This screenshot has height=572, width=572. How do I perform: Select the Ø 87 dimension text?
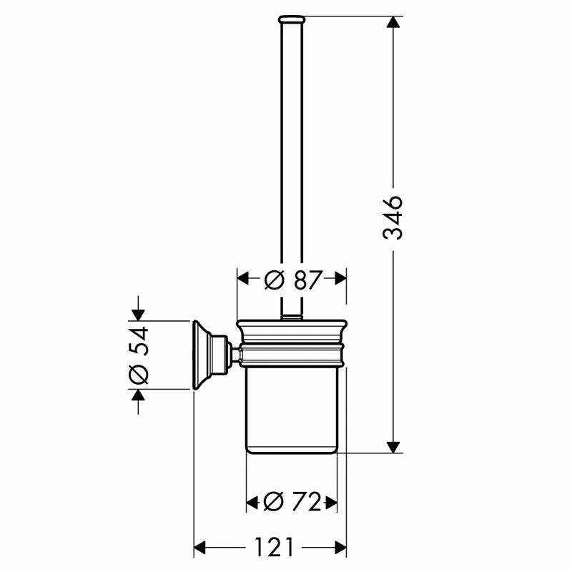(292, 280)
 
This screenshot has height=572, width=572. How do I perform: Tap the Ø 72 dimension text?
(292, 503)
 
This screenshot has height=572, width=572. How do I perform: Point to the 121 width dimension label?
(272, 548)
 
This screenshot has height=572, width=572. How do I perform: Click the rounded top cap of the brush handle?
(292, 17)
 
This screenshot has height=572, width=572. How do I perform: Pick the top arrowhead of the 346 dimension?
(392, 22)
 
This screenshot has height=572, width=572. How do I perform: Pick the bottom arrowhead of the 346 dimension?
(392, 447)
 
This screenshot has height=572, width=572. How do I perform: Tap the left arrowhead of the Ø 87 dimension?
(244, 280)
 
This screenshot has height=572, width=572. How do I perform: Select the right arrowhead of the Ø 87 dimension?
(340, 280)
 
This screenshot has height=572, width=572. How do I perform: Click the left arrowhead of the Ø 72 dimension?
(252, 503)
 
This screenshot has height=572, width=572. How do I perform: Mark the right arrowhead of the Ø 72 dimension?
(331, 503)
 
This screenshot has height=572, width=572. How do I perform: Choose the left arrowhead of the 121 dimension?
(201, 548)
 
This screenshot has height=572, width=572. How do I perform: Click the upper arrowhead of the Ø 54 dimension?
(138, 313)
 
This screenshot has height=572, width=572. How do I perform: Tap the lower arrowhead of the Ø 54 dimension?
(138, 395)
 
